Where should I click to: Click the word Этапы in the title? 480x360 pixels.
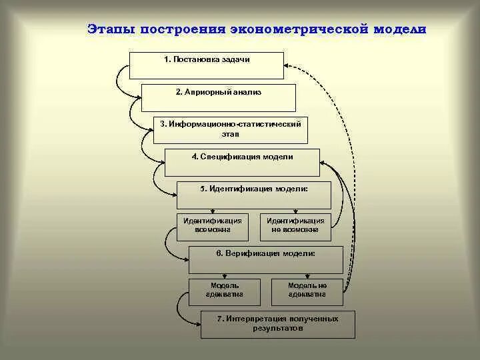click(x=110, y=30)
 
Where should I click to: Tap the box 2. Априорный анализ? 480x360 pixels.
click(x=217, y=97)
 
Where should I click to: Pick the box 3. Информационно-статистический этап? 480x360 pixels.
click(x=231, y=129)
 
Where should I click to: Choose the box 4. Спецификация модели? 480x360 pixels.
click(x=242, y=162)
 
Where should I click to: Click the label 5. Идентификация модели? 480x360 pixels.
click(x=254, y=189)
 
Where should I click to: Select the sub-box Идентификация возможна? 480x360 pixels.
click(x=212, y=227)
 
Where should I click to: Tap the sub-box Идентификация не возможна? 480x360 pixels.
click(x=295, y=227)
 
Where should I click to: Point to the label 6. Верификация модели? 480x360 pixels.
click(x=265, y=254)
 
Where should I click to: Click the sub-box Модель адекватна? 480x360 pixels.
click(x=224, y=291)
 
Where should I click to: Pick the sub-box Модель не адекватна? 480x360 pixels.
click(x=307, y=291)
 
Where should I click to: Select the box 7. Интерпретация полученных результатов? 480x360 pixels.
click(x=278, y=324)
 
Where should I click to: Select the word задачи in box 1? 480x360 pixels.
click(x=235, y=60)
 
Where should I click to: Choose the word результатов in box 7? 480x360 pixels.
click(x=278, y=329)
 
